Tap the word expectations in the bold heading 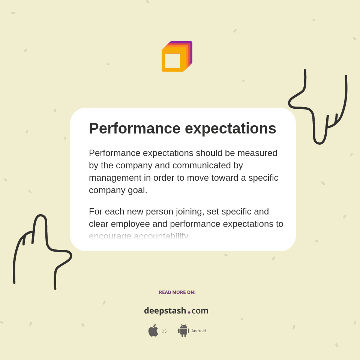230,129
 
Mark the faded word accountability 162,236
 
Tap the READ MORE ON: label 177,292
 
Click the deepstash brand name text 165,310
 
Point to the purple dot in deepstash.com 189,312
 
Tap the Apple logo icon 153,330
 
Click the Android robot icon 183,330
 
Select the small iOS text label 163,331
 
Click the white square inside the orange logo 172,61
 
